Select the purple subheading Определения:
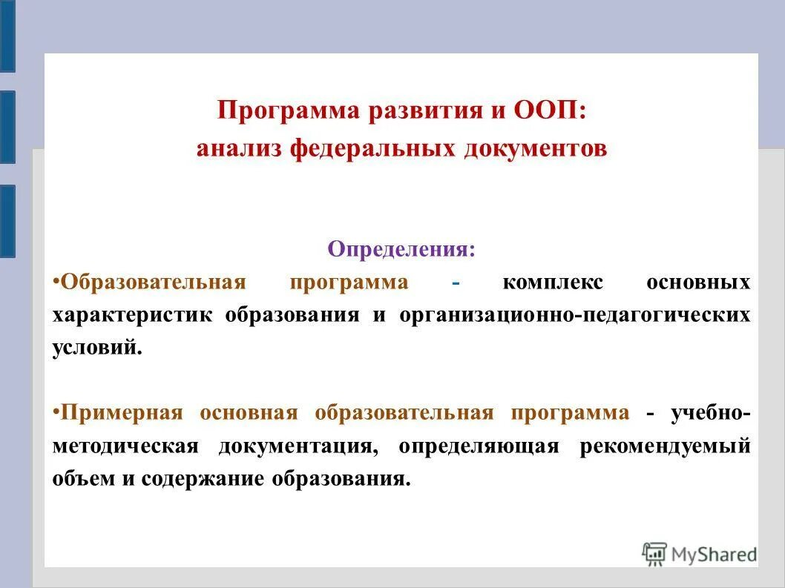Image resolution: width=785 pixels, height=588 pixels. pyautogui.click(x=401, y=248)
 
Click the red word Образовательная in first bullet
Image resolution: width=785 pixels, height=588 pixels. pyautogui.click(x=153, y=283)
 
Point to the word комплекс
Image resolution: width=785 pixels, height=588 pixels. pyautogui.click(x=553, y=283)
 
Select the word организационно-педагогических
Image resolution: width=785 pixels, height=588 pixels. pyautogui.click(x=574, y=314)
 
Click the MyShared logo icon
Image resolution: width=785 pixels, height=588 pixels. pyautogui.click(x=654, y=552)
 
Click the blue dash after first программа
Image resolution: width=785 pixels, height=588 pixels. pyautogui.click(x=456, y=283)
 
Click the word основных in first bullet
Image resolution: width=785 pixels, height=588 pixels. pyautogui.click(x=697, y=283)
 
